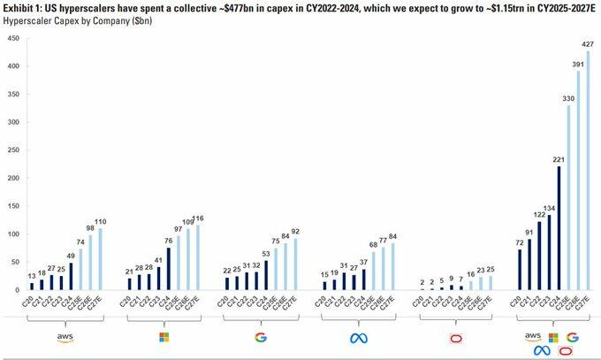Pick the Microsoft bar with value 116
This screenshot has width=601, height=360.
click(196, 257)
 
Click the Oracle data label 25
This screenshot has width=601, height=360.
click(490, 269)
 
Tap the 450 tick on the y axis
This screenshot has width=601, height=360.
click(11, 40)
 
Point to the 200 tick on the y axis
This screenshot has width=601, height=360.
click(11, 179)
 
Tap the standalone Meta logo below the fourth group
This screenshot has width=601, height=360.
click(358, 339)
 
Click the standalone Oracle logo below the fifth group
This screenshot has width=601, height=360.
click(456, 339)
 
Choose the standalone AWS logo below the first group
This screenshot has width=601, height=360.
click(65, 339)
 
